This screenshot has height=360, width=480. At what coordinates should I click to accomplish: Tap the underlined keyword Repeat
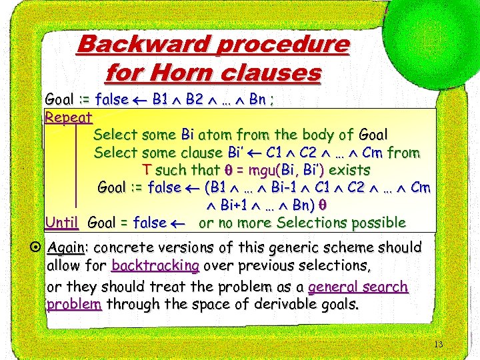point(68,117)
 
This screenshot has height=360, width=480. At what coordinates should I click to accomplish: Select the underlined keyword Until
point(62,222)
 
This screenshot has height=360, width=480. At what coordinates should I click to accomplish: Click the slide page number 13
point(438,345)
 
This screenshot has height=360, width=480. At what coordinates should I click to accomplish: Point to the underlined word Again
point(65,247)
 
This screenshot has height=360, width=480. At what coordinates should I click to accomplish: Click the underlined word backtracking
point(155,266)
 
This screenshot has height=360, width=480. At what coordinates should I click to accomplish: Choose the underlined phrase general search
point(359,287)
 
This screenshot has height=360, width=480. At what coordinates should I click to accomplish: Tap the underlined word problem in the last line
point(74,305)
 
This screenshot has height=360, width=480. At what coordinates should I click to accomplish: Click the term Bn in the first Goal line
point(259,100)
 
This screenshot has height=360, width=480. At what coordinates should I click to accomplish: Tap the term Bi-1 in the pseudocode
point(289,187)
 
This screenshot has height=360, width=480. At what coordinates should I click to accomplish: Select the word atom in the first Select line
point(215,135)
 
